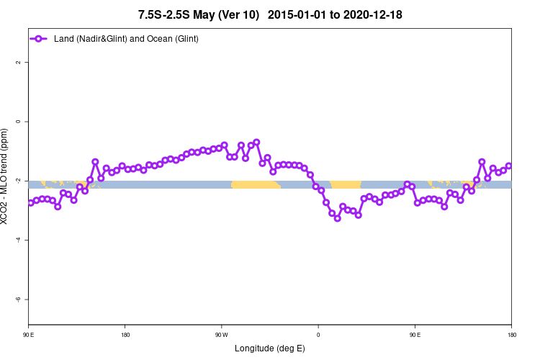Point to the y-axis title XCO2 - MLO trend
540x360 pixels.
(6, 176)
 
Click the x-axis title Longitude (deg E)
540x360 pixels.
(270, 348)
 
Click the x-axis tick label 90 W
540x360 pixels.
(221, 335)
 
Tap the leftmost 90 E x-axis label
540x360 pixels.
(29, 335)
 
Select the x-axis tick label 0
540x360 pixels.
(318, 335)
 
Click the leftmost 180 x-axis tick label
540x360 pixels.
(125, 335)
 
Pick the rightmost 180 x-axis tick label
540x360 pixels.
(511, 335)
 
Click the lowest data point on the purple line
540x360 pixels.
(337, 218)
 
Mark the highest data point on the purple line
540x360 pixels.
(256, 142)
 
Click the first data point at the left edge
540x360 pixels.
(30, 203)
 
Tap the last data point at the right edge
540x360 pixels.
(509, 166)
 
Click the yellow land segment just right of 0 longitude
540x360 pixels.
(346, 185)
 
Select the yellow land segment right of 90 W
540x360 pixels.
(256, 185)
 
